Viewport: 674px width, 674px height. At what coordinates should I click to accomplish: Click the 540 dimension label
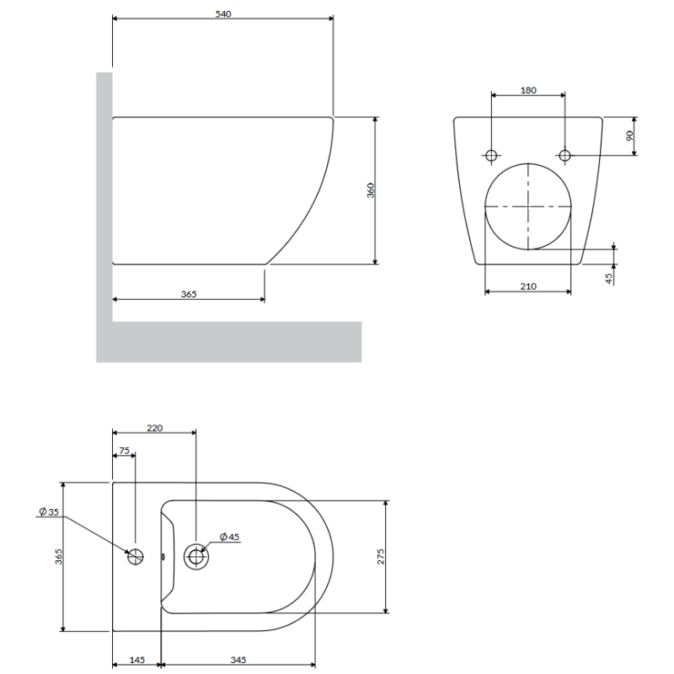(223, 14)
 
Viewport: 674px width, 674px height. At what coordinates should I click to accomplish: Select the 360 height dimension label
(371, 190)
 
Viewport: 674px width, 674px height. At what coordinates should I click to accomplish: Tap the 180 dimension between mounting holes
(528, 90)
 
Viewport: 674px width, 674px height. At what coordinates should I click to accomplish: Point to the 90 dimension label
(629, 136)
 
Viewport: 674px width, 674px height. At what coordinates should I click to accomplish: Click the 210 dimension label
(528, 286)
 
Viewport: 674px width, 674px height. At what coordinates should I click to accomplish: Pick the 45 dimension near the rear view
(608, 279)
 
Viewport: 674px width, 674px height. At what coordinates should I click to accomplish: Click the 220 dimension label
(155, 428)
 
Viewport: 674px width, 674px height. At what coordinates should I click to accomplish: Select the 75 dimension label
(124, 451)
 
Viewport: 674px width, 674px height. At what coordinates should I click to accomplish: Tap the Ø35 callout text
(49, 511)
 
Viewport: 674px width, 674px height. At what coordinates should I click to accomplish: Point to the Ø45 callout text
(229, 537)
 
